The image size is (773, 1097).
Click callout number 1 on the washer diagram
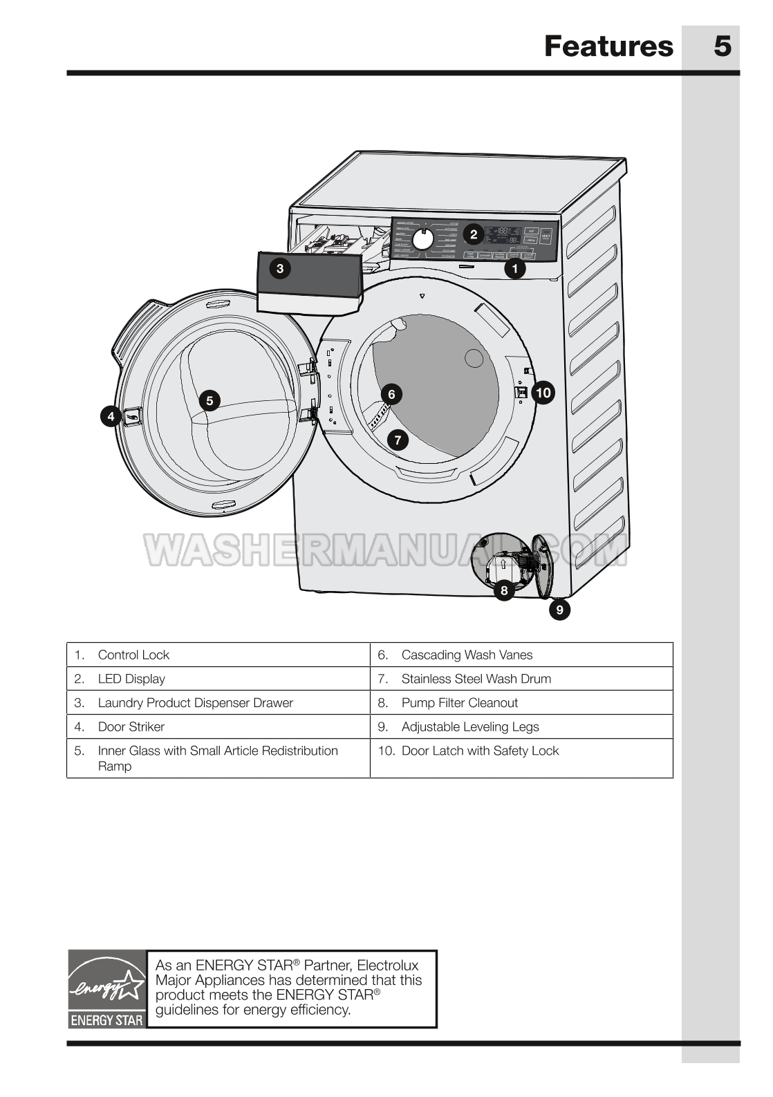click(x=514, y=269)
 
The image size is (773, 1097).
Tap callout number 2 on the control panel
click(x=474, y=234)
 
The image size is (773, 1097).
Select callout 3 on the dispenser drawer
click(x=280, y=268)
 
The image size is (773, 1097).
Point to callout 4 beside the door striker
click(x=111, y=416)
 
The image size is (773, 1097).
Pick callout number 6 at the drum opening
click(x=391, y=394)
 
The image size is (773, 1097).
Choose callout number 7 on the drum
click(x=398, y=440)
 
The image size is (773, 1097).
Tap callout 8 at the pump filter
click(x=503, y=590)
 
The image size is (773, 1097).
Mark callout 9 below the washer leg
click(x=559, y=610)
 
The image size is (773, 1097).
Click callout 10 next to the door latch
click(x=543, y=393)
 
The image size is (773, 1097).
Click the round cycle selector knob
click(x=424, y=239)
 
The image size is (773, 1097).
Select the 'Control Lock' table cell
click(x=133, y=655)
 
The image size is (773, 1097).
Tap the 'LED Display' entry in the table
click(x=131, y=679)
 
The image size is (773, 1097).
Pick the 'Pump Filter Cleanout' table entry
click(x=459, y=703)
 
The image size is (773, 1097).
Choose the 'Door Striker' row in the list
click(x=131, y=726)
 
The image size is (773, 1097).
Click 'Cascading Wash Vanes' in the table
click(x=467, y=655)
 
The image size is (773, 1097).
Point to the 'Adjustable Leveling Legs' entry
click(x=470, y=726)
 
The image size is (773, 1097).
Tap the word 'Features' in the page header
click(x=608, y=46)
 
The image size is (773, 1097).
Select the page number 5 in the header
click(x=722, y=46)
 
